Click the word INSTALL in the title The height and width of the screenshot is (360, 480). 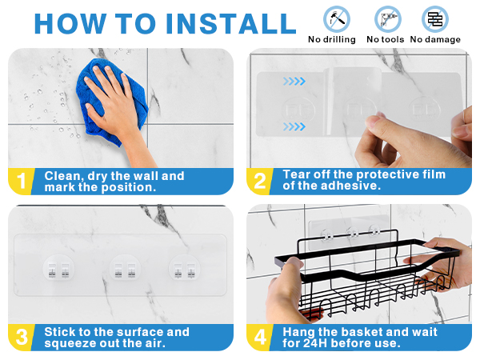point(231,23)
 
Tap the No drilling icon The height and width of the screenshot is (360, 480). point(337,19)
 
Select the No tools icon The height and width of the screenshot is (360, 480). point(387,19)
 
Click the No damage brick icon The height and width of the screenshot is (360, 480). point(435,19)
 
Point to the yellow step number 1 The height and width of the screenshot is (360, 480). point(21,181)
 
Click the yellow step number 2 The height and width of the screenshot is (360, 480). point(260,181)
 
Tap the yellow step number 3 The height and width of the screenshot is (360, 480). point(22,337)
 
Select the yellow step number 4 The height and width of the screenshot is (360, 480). point(260,337)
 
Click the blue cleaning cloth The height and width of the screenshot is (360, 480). point(111,102)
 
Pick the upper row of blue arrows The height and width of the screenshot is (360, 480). point(294,81)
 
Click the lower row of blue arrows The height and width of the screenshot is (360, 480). point(294,126)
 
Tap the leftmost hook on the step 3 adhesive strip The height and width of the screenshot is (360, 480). point(58,270)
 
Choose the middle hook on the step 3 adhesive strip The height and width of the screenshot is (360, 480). point(125,270)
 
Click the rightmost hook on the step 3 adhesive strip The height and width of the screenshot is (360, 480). point(184,270)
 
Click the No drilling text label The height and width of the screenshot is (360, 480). point(332,39)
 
